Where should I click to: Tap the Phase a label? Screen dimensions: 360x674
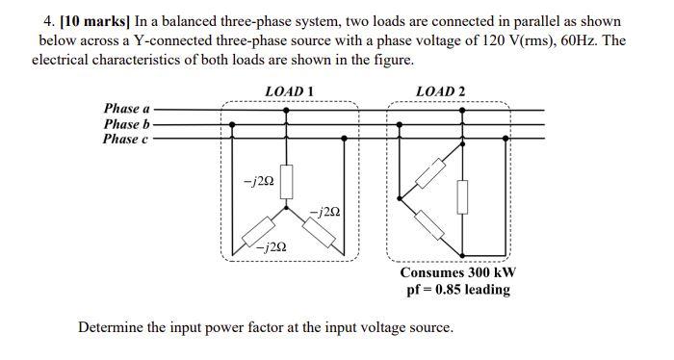click(x=126, y=109)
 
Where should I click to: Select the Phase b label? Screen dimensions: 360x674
click(x=126, y=124)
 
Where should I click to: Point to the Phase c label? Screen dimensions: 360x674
click(x=126, y=140)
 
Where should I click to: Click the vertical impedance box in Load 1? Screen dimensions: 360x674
click(x=285, y=180)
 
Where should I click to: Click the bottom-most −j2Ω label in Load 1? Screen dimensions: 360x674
click(x=270, y=246)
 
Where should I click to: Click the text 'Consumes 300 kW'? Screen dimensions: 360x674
click(x=457, y=272)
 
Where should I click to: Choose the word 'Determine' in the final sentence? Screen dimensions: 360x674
click(x=109, y=328)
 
